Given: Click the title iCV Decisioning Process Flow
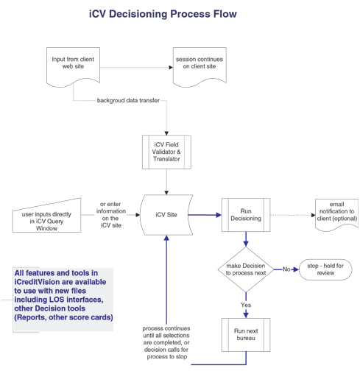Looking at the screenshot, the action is click(x=163, y=14).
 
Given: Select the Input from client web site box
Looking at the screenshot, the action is click(x=73, y=67).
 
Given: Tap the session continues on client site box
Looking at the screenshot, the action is click(x=200, y=67).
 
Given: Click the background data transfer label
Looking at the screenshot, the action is click(x=128, y=100).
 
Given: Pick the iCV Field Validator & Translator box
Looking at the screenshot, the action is click(x=166, y=152).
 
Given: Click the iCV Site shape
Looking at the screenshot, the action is click(x=166, y=215).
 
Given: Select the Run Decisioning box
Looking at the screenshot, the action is click(x=246, y=215).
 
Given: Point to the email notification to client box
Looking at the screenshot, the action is click(x=336, y=214).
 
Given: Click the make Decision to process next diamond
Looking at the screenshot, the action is click(x=246, y=269).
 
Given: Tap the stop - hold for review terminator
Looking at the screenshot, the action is click(x=325, y=269).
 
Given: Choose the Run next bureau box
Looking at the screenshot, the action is click(x=246, y=335).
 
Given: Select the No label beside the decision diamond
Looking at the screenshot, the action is click(x=286, y=269).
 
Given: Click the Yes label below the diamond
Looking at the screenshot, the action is click(x=246, y=305).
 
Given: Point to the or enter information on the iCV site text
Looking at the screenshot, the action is click(x=111, y=215).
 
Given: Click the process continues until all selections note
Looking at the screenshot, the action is click(x=166, y=342).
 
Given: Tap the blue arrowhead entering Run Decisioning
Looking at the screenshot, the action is click(x=219, y=215).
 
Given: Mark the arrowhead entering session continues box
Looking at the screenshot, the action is click(x=171, y=67).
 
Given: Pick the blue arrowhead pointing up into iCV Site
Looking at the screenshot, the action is click(x=166, y=238).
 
